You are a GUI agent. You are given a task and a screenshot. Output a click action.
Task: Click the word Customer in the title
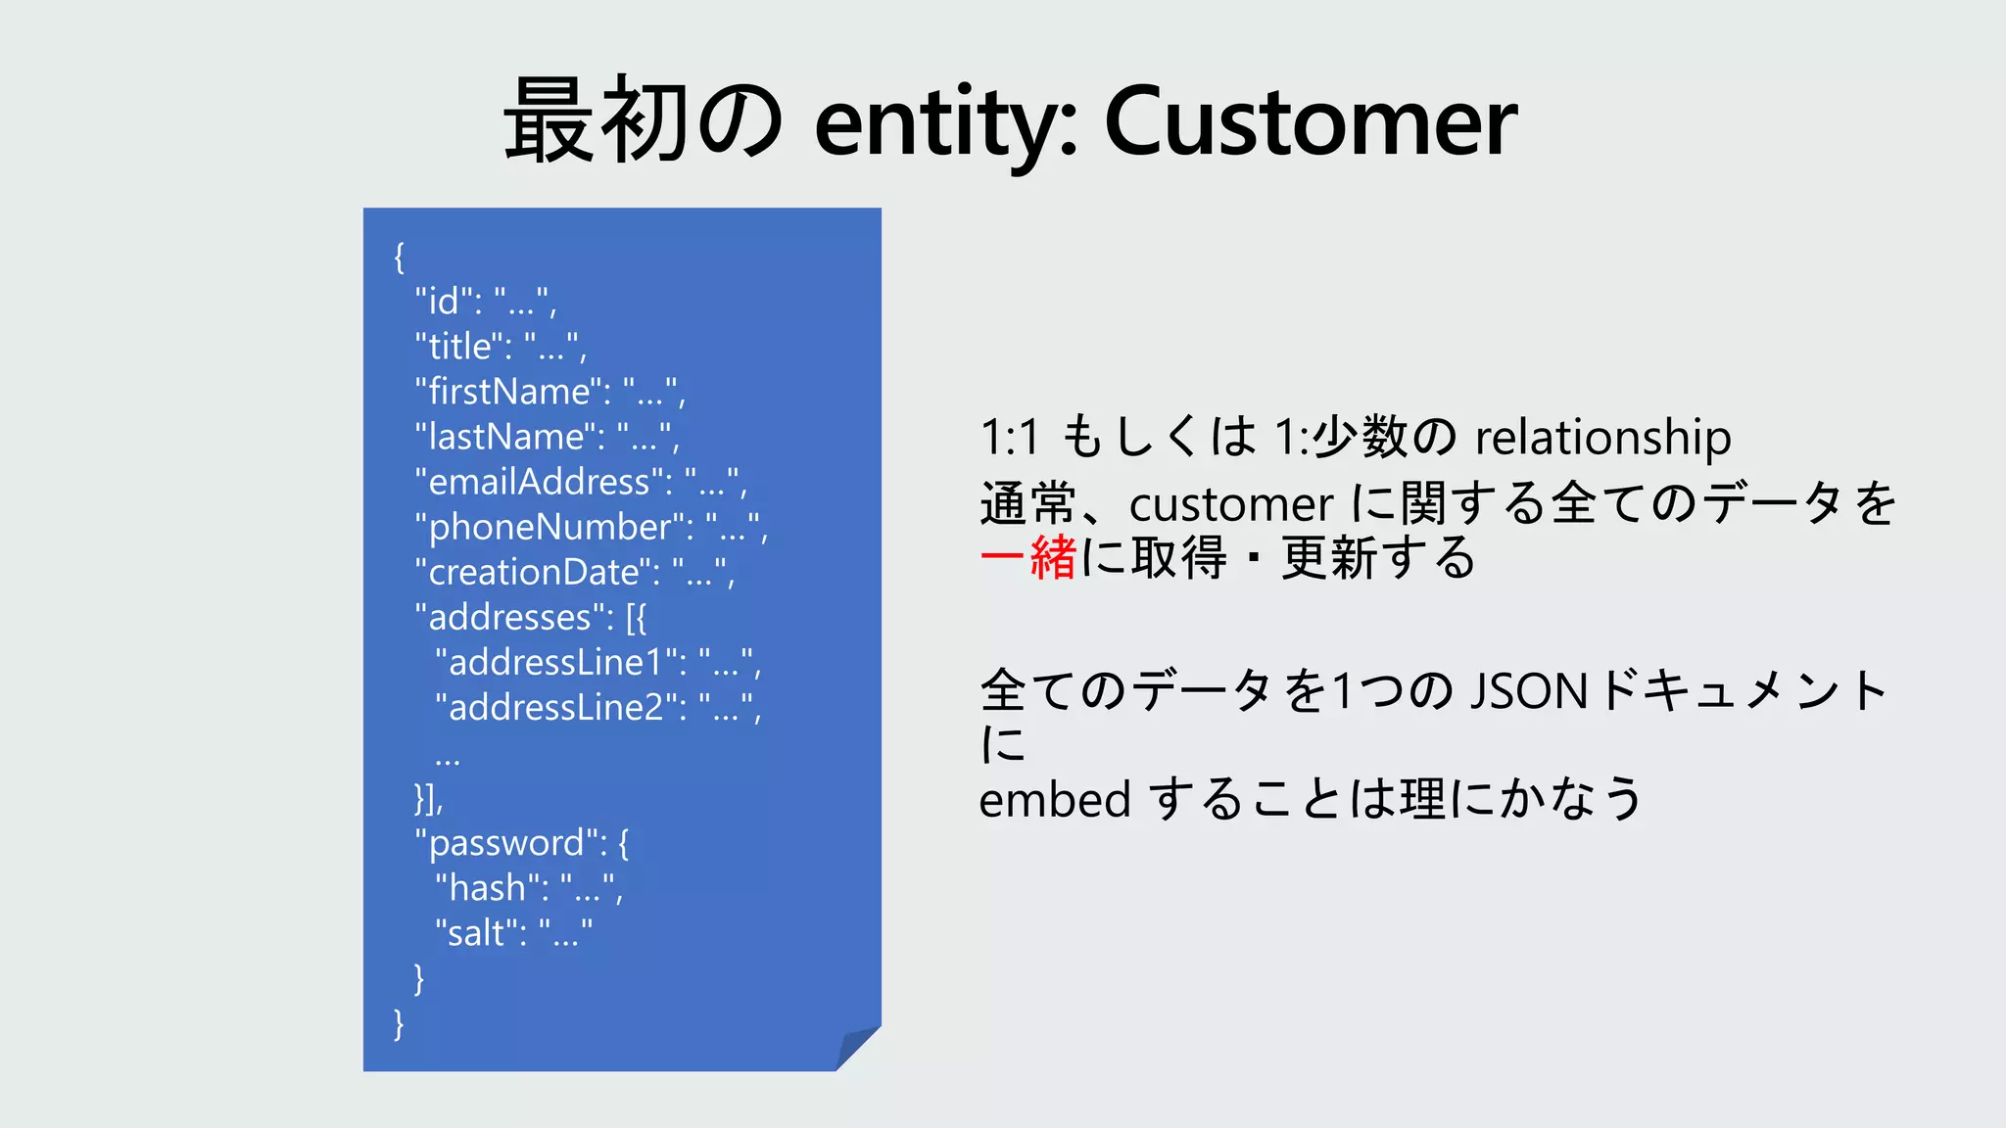[x=1311, y=121]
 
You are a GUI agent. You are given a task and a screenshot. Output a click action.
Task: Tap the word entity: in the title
[x=945, y=121]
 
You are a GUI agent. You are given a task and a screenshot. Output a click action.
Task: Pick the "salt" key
[x=480, y=933]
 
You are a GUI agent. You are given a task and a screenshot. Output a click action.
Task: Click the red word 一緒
[x=1028, y=558]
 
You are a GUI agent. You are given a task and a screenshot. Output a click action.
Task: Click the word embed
[x=1055, y=799]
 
